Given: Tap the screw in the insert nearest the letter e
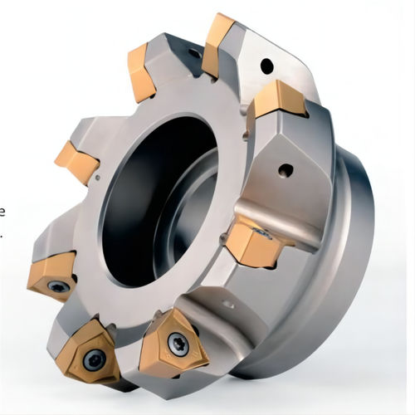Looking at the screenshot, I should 57,286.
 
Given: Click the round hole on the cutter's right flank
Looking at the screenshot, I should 286,172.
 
